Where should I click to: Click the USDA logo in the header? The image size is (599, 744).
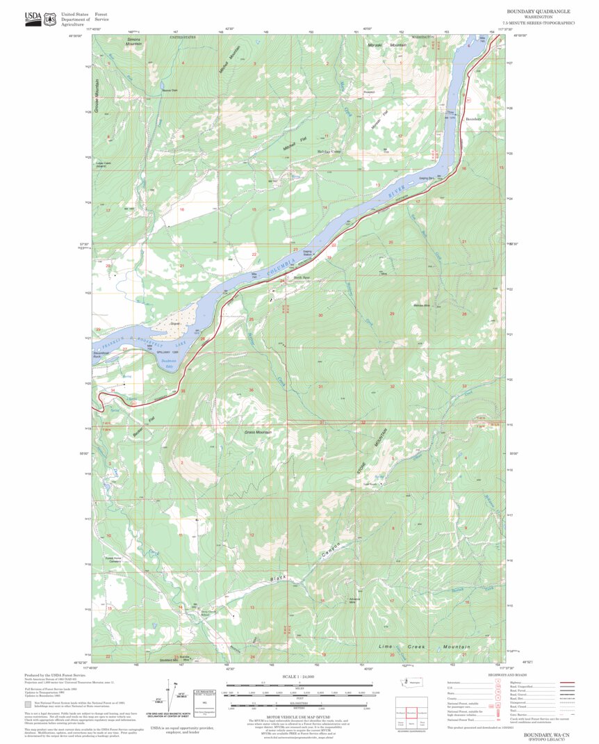[33, 19]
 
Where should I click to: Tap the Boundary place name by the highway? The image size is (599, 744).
[473, 119]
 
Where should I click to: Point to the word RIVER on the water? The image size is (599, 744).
[394, 195]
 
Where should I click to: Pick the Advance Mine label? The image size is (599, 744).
[355, 601]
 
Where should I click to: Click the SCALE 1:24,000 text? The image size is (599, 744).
[299, 676]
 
